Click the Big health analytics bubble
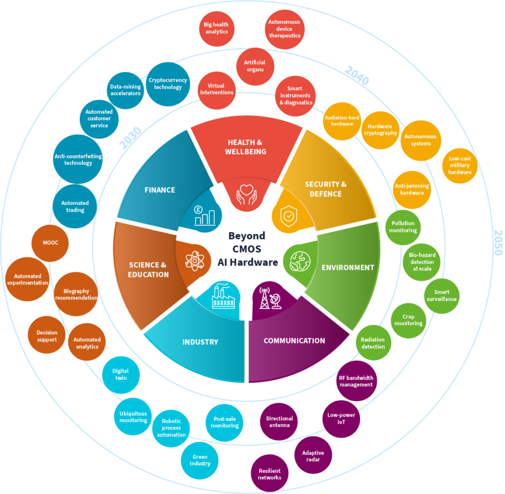(x=216, y=28)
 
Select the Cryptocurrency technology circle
(x=168, y=84)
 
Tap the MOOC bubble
(x=50, y=243)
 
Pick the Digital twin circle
(x=121, y=375)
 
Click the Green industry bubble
(x=199, y=460)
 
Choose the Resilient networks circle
(x=270, y=474)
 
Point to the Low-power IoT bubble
(x=341, y=419)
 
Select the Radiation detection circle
(x=373, y=343)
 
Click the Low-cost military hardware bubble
(x=460, y=166)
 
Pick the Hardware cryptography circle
(x=382, y=130)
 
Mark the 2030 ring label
(x=130, y=138)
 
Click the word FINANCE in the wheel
(x=160, y=190)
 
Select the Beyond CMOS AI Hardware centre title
(x=247, y=249)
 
